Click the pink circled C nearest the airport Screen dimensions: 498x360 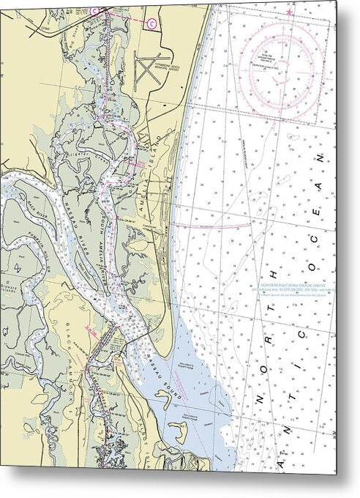point(151,23)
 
